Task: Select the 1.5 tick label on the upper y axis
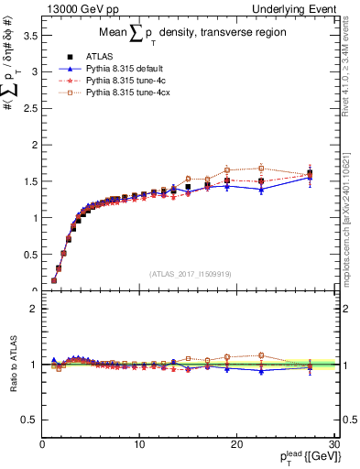(30, 181)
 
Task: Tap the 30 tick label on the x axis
(334, 445)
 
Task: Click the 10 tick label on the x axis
(139, 445)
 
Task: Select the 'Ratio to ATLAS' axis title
(12, 365)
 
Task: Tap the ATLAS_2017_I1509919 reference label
(190, 273)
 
